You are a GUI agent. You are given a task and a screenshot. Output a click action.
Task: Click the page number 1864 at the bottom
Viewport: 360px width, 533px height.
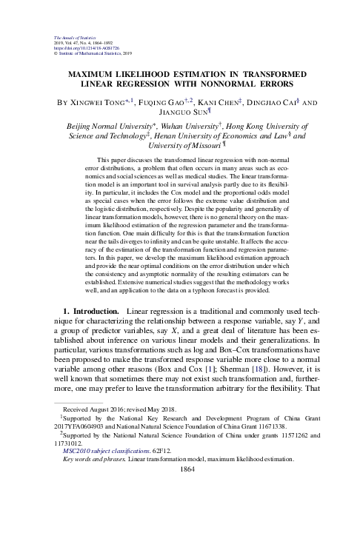pyautogui.click(x=180, y=520)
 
